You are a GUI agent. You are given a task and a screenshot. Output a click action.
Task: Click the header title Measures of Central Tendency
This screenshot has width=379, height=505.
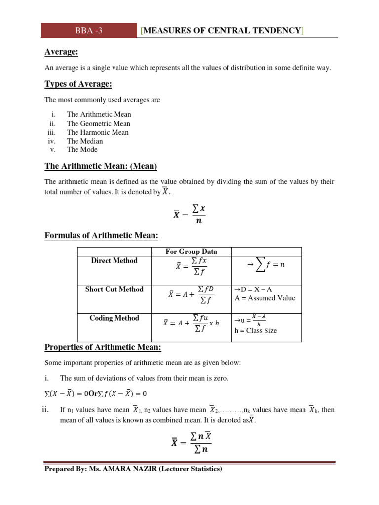(222, 31)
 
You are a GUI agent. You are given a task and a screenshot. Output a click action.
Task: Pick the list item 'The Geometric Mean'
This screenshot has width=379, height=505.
(99, 123)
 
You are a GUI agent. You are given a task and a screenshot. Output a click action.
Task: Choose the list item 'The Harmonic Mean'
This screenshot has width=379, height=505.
(98, 132)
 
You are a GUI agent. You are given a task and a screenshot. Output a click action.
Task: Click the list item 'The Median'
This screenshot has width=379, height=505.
(85, 141)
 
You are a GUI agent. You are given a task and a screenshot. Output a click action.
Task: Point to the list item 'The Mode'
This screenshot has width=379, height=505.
(82, 150)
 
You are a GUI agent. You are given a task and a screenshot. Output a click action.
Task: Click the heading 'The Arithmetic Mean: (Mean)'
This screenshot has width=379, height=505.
(101, 166)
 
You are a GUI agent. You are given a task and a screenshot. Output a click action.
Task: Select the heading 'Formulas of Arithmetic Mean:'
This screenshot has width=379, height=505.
(101, 236)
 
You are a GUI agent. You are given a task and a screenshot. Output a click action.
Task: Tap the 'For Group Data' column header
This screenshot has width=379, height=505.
(191, 252)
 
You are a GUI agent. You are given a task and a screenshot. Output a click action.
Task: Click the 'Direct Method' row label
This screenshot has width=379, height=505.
(114, 260)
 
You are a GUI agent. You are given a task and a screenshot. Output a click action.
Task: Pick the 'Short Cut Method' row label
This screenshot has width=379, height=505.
(114, 289)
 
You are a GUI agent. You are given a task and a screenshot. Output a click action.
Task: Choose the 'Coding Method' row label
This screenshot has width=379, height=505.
(114, 318)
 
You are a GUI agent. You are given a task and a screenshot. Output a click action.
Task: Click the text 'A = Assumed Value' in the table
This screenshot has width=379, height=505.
(265, 298)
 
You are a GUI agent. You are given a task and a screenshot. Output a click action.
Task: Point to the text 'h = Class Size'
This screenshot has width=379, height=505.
(255, 331)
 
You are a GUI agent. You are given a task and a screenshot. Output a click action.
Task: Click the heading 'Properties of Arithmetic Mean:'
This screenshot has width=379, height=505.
(103, 347)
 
